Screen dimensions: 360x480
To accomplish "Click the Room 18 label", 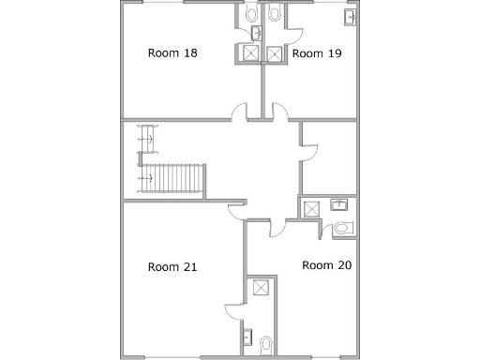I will point(172,53).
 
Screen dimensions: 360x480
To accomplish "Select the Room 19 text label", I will point(316,53).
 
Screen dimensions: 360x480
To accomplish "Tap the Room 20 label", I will point(326,265).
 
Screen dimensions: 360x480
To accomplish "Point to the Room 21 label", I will point(172,267).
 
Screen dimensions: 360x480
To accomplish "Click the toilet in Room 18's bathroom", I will point(250,15).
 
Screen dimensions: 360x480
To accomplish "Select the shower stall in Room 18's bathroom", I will point(250,54).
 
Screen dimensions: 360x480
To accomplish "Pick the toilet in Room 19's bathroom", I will point(274,15).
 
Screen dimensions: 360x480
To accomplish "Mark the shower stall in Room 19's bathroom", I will point(274,54).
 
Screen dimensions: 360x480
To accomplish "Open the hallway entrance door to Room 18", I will point(240,112).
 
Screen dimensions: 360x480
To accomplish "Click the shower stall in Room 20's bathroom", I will point(309,208).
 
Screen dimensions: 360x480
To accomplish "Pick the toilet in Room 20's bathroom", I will point(341,228).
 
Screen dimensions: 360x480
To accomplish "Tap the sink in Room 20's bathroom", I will point(340,204).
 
